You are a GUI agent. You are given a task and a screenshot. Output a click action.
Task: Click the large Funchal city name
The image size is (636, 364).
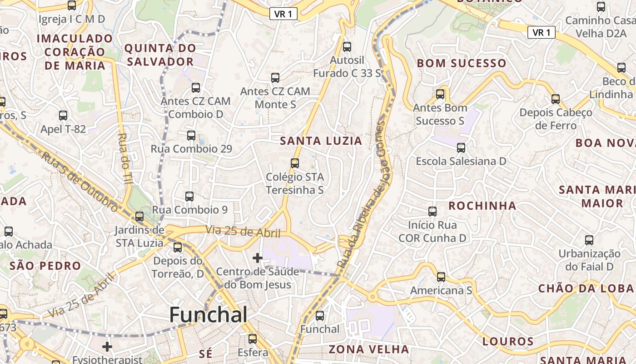pyautogui.click(x=209, y=315)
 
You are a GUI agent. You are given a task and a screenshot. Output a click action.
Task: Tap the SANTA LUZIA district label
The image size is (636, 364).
pyautogui.click(x=321, y=141)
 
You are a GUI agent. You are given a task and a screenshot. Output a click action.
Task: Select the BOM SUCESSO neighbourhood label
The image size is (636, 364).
pyautogui.click(x=462, y=63)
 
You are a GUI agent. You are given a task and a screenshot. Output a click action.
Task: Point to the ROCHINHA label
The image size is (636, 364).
pyautogui.click(x=482, y=206)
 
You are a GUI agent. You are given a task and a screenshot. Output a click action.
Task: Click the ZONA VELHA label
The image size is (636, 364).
pyautogui.click(x=369, y=349)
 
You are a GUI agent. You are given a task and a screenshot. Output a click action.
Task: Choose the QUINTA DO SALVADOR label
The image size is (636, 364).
pyautogui.click(x=160, y=55)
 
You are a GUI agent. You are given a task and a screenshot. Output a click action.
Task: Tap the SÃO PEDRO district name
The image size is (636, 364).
pyautogui.click(x=45, y=266)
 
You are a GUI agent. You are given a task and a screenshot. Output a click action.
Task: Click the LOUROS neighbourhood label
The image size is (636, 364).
pyautogui.click(x=508, y=341)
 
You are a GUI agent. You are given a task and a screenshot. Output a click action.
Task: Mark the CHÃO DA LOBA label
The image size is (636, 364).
pyautogui.click(x=586, y=288)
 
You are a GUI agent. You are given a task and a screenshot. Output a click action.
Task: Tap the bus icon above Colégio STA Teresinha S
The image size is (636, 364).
pyautogui.click(x=295, y=163)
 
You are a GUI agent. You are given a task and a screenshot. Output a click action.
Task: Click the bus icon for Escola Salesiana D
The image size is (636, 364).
pyautogui.click(x=461, y=148)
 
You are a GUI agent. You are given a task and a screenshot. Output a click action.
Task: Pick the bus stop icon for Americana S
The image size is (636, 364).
pyautogui.click(x=441, y=277)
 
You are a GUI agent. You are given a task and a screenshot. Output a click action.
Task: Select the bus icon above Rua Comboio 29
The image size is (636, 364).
pyautogui.click(x=191, y=135)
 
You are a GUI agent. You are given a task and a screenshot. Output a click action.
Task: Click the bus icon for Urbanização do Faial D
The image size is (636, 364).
pyautogui.click(x=589, y=240)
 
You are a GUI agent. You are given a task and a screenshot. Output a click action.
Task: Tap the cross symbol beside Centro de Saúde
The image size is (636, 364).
pyautogui.click(x=258, y=258)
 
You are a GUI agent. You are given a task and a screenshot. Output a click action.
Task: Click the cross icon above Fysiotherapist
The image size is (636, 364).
pyautogui.click(x=107, y=347)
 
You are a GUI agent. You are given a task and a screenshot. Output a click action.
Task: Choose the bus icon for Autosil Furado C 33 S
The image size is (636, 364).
pyautogui.click(x=347, y=46)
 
